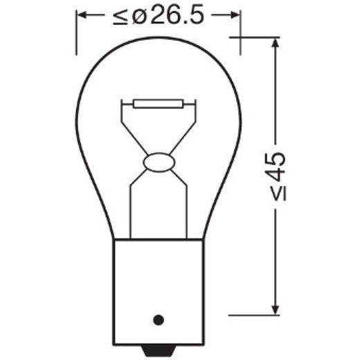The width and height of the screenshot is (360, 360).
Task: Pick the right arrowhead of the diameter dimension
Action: point(235,15)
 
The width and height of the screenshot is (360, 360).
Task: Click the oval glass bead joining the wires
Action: point(158,163)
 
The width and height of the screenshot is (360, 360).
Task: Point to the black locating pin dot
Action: point(158,319)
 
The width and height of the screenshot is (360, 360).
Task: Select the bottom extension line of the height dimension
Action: point(256,315)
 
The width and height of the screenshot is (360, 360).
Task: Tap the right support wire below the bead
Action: point(186,208)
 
